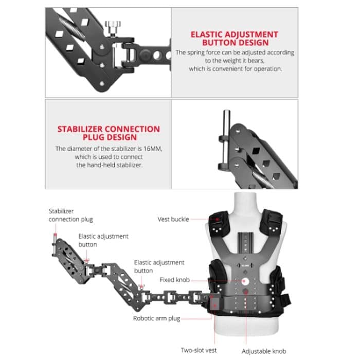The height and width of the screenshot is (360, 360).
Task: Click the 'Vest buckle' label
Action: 173,219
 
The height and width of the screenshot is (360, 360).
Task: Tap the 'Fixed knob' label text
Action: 175,280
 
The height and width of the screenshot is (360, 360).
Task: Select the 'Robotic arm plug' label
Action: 156,318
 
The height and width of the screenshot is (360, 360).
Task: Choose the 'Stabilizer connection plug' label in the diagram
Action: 71,215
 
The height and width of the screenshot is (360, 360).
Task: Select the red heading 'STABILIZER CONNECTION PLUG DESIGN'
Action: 109,133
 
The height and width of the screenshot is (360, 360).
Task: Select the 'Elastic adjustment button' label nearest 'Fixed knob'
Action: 159,266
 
